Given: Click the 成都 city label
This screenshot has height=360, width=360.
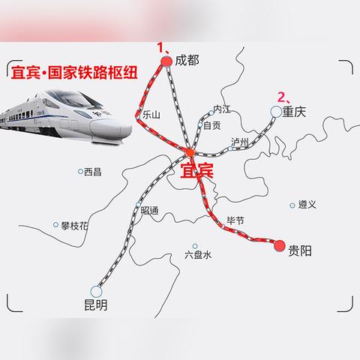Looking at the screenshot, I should click(187, 61).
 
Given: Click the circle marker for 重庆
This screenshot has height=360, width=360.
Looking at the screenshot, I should click(276, 112).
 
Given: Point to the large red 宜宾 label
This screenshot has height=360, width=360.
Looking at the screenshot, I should click(197, 171).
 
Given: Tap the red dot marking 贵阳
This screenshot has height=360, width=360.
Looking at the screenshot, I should click(280, 245).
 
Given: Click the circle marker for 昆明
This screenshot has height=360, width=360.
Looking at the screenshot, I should click(95, 291).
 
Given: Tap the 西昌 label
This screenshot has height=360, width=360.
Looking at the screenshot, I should click(92, 172).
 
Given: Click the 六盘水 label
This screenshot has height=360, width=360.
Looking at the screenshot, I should click(198, 254).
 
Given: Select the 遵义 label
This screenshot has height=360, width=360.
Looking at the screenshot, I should click(307, 204).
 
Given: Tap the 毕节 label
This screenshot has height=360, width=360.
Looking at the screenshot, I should click(235, 221).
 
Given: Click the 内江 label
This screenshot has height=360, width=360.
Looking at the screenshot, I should click(222, 109).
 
